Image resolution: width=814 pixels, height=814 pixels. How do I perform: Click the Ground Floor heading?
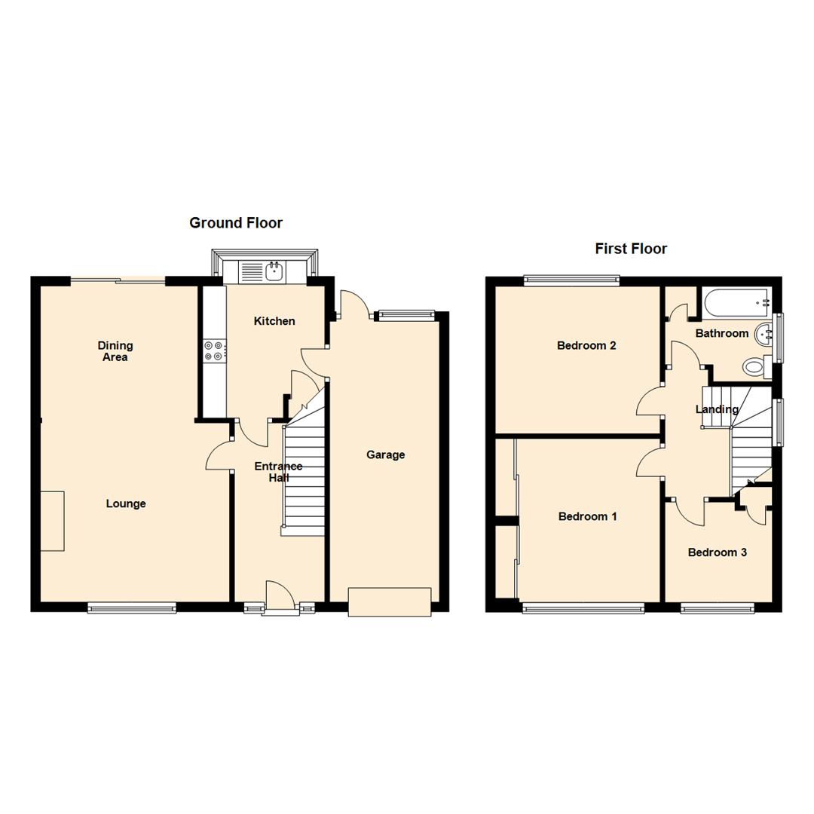coord(236,222)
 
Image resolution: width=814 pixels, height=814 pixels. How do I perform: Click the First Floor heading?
coord(631,249)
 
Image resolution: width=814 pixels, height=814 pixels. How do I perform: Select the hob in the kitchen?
coord(213,351)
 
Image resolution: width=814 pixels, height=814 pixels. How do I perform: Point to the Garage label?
coord(386,454)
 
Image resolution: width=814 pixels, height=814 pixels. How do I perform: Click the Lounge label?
coord(126,503)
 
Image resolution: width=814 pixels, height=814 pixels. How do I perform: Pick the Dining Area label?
coord(115,351)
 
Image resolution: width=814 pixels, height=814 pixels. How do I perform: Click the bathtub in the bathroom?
coord(735,302)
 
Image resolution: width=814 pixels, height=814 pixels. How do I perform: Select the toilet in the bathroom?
coord(754,367)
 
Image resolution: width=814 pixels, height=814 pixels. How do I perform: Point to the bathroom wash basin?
coord(767,331)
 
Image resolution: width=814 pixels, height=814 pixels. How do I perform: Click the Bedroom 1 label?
coord(588,516)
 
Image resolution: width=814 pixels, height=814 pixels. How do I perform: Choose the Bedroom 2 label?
coord(586,346)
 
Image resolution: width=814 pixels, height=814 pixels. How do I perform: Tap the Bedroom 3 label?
coord(718,552)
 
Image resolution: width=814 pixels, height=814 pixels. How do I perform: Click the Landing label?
coord(717,409)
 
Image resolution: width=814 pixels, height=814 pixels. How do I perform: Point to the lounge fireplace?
coord(52,521)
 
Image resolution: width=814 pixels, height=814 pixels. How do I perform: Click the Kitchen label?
coord(274,321)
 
